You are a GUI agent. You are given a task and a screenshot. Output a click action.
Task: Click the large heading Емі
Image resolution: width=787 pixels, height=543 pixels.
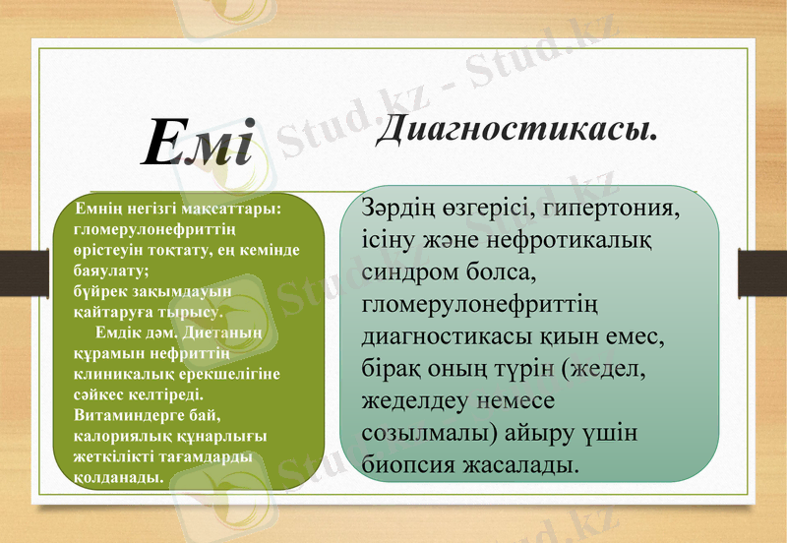tap(198, 141)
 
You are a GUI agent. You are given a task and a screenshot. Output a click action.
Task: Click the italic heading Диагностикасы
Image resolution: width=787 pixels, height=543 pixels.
tap(516, 128)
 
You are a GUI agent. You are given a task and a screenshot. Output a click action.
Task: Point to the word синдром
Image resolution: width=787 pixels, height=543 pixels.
tap(406, 271)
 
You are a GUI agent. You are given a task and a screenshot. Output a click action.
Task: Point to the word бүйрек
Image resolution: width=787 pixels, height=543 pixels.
tap(99, 291)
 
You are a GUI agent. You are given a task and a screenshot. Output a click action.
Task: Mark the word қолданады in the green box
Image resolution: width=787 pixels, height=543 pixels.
tap(119, 477)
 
